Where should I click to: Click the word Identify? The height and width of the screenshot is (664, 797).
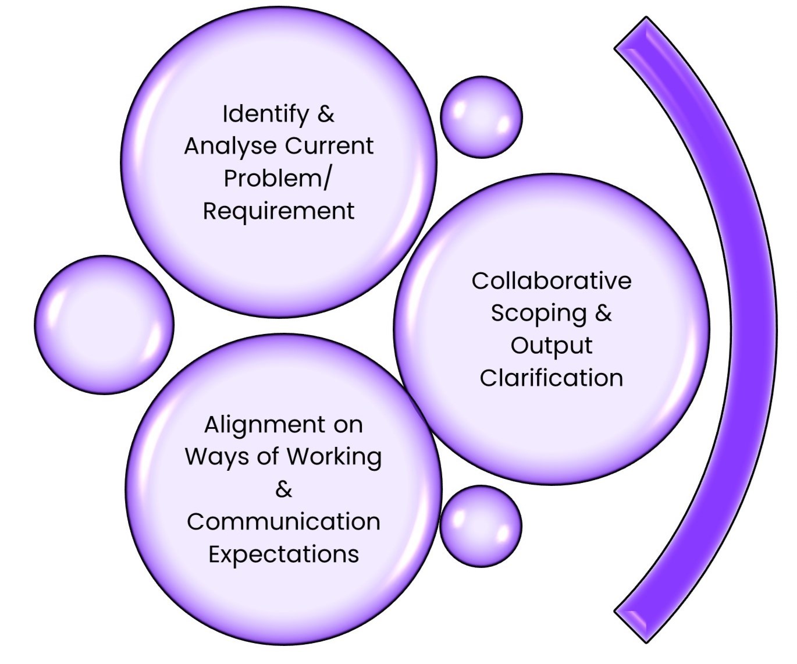tap(265, 114)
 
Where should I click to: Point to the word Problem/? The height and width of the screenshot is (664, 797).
tap(277, 178)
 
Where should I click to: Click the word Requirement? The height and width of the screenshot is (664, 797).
tap(278, 211)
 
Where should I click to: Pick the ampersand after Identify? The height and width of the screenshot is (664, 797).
tap(326, 113)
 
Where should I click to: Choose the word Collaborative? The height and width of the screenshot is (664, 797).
tap(551, 281)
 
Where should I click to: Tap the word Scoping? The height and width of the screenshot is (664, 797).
tap(538, 314)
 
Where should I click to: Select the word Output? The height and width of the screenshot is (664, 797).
tap(551, 346)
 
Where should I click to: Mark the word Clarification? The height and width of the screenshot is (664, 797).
tap(551, 378)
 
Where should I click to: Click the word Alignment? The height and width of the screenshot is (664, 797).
tap(256, 425)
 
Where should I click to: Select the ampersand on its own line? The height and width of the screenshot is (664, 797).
tap(283, 489)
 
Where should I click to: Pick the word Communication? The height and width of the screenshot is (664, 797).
tap(283, 521)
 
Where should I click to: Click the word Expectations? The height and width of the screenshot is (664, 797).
tap(283, 554)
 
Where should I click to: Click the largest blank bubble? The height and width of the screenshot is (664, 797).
tap(104, 325)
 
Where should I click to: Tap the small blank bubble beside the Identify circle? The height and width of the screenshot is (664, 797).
tap(481, 116)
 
